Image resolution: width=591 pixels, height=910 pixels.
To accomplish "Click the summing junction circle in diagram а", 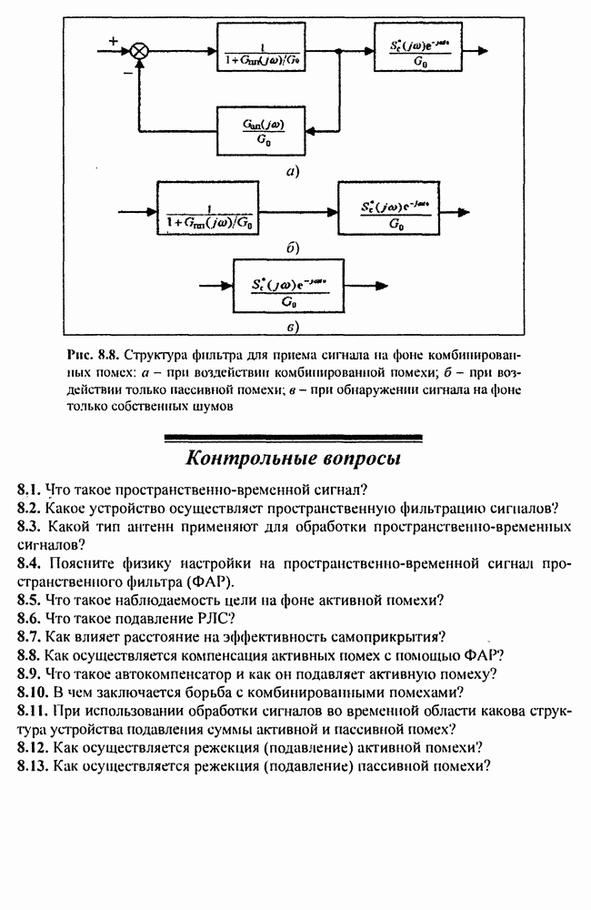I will coord(138,52).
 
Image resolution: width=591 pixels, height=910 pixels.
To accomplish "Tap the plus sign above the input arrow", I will coord(113,40).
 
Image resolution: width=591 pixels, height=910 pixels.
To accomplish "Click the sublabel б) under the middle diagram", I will coord(292,247).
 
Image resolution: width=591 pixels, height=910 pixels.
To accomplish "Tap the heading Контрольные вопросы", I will coord(294,456).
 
